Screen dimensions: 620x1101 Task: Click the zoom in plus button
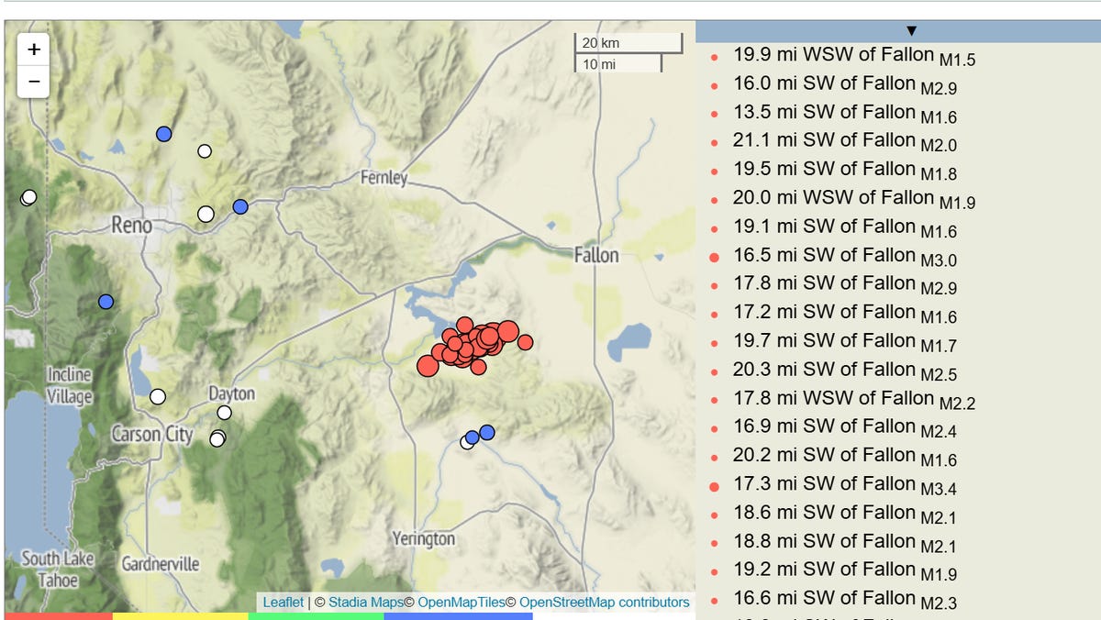(34, 50)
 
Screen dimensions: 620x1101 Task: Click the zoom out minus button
(34, 81)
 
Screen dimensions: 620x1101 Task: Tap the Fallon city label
(596, 255)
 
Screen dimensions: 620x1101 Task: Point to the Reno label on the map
(131, 224)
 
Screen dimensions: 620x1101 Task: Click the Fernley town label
(384, 177)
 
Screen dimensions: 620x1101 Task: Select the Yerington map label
(423, 538)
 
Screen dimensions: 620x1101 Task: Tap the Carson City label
(152, 433)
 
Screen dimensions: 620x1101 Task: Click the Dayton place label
(231, 393)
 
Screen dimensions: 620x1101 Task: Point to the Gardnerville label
(161, 563)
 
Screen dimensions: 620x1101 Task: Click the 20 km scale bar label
(601, 43)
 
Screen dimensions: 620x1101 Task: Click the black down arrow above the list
(911, 31)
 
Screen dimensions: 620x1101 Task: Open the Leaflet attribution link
(283, 603)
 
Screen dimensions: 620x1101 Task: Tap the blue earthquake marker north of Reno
(164, 134)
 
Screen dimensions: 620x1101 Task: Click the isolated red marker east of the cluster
(525, 342)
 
